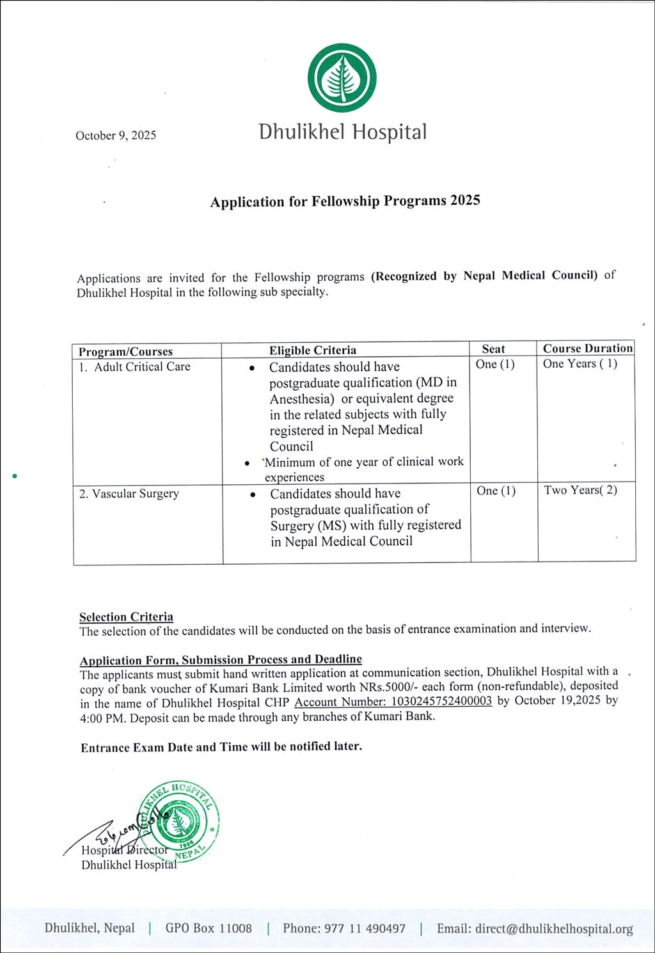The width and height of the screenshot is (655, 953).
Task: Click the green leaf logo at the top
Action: coord(342,78)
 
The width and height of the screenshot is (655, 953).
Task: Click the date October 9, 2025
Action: coord(116,135)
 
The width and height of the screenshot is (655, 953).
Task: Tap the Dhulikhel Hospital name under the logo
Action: coord(342,132)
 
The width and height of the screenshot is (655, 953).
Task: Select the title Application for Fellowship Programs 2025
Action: coord(345,201)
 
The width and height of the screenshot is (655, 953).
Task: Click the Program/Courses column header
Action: coord(125,351)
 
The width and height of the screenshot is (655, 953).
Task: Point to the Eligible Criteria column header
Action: coord(312,350)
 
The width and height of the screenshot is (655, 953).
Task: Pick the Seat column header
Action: coord(493,349)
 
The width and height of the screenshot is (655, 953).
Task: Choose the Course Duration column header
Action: coord(587,348)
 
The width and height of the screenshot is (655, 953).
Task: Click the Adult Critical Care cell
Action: coord(142,366)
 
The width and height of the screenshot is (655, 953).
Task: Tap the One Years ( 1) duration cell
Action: coord(580,363)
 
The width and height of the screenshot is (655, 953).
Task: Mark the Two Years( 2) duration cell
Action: coord(580,490)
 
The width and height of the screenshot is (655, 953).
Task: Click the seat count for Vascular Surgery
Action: coord(496,491)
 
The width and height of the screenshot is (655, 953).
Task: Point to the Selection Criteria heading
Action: coord(126,617)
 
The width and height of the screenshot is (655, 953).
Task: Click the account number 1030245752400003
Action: coord(393,700)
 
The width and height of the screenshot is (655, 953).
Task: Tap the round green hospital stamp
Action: coord(180,821)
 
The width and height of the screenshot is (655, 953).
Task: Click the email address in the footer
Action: coord(535,929)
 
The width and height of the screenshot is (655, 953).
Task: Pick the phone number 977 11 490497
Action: coord(344,928)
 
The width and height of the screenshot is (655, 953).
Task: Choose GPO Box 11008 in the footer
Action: coord(209,928)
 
